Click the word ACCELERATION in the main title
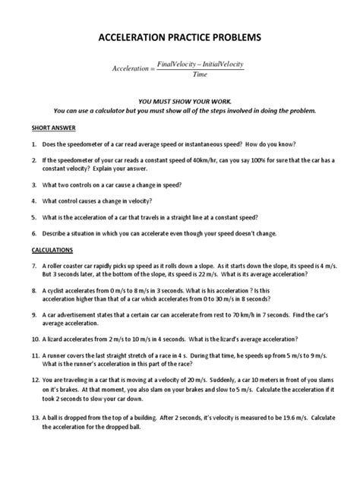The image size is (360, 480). coord(135,36)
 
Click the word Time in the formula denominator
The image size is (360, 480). coord(200,74)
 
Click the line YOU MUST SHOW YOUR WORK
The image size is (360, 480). coord(180,100)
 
